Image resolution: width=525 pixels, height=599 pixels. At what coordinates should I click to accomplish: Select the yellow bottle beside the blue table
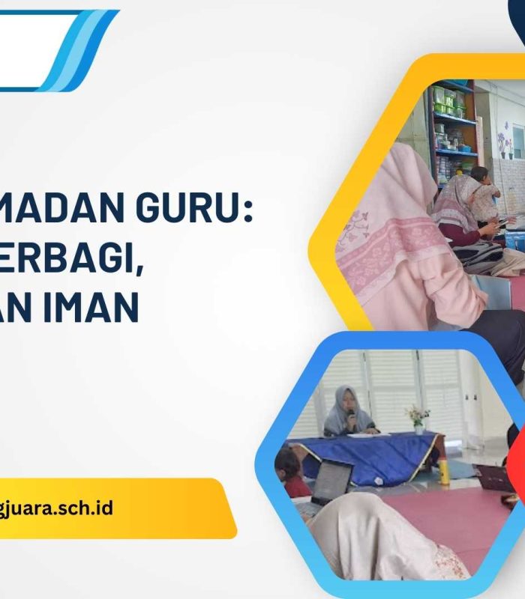[443, 470]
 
